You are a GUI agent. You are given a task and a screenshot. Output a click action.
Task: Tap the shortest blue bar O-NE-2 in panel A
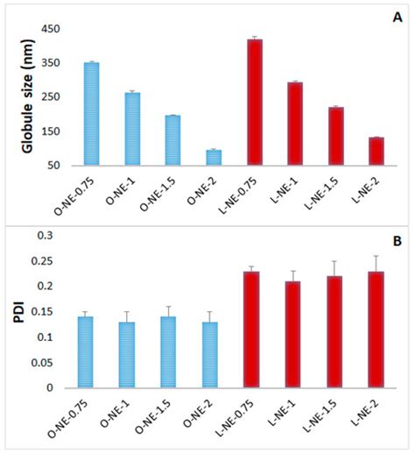point(214,157)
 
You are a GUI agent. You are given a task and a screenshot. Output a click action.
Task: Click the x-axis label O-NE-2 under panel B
point(203,415)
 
